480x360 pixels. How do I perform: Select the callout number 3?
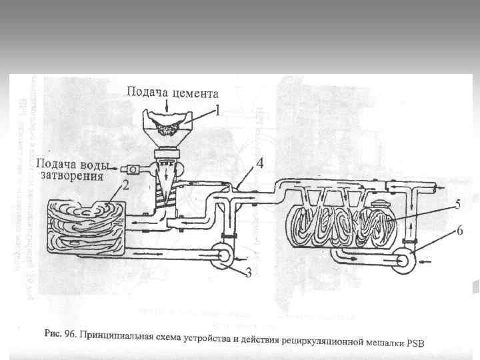pos(248,273)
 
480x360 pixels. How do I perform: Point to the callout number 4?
pos(259,162)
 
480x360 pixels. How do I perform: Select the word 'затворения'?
pos(71,177)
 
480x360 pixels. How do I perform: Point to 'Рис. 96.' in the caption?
pos(60,331)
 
